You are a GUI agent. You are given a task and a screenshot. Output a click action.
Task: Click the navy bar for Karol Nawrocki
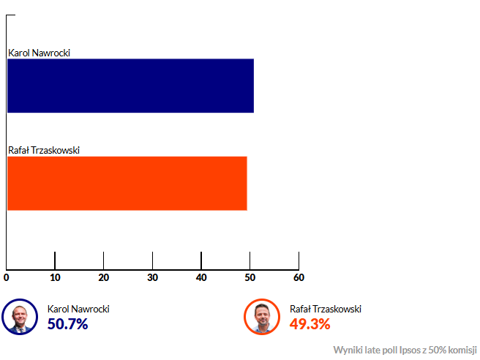[x=130, y=86]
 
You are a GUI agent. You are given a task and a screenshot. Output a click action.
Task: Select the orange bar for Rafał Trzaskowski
[x=127, y=183]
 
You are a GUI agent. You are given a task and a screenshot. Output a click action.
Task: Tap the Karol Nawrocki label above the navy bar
[x=39, y=53]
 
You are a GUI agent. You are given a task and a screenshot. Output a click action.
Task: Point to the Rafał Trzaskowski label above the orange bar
[x=44, y=151]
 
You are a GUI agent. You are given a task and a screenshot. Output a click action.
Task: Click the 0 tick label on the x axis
[x=7, y=277]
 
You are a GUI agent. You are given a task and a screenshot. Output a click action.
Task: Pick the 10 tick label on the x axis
[x=55, y=277]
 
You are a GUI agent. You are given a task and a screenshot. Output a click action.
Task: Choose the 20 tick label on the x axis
[x=103, y=277]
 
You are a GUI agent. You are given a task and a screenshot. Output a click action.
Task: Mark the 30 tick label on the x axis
[x=152, y=277]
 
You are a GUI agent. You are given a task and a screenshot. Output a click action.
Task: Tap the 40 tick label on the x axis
[x=201, y=277]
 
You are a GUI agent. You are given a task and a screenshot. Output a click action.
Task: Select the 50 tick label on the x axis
[x=250, y=277]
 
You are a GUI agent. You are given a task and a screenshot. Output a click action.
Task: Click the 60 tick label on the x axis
[x=299, y=277]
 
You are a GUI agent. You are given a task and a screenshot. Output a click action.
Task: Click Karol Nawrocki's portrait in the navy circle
[x=19, y=317]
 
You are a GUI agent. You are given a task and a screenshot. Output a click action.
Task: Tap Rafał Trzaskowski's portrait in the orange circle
[x=262, y=317]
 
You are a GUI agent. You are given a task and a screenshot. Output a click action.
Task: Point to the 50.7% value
[x=67, y=323]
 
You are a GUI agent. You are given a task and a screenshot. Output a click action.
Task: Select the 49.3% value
[x=310, y=323]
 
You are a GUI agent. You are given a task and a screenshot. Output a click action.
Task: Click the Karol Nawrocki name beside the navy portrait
[x=78, y=309]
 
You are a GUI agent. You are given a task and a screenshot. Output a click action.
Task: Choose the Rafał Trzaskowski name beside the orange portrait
[x=326, y=309]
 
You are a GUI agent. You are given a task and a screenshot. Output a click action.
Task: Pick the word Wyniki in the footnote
[x=347, y=349]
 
